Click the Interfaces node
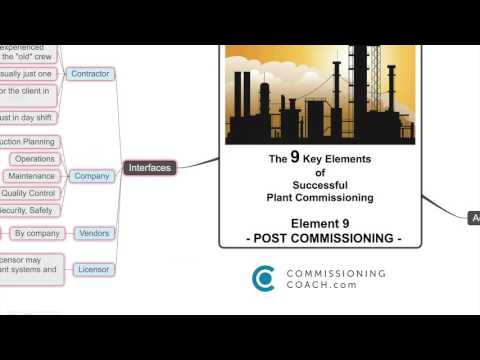150,168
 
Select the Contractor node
91,74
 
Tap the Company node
91,176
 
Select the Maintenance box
32,176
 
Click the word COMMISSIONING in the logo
335,272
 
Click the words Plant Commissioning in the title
320,198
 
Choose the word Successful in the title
320,185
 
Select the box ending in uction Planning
28,142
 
